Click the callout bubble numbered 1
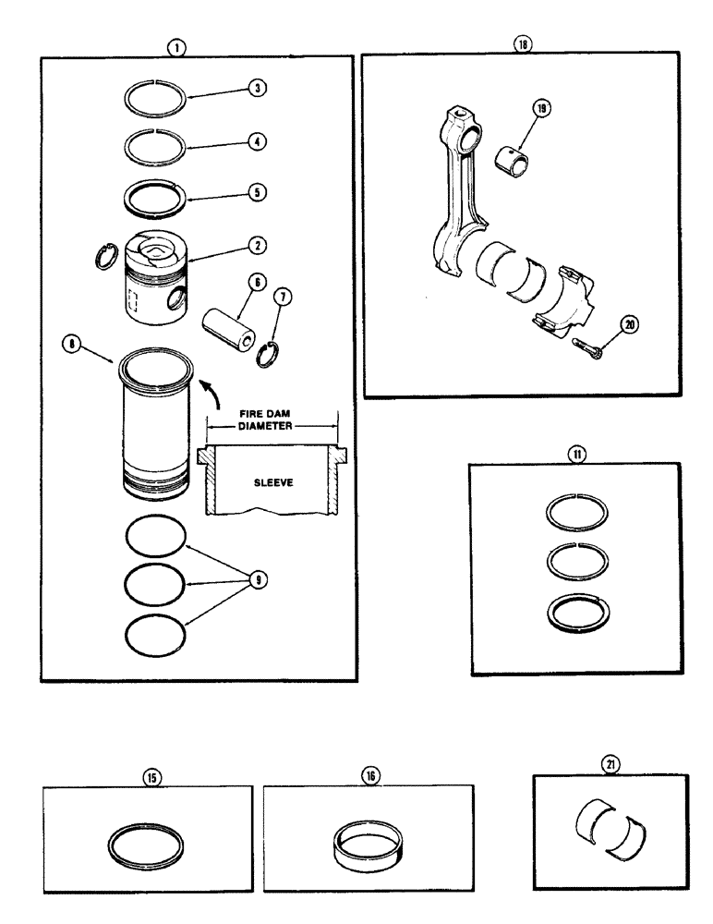pyautogui.click(x=176, y=43)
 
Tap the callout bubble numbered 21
pyautogui.click(x=610, y=764)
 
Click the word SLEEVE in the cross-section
pyautogui.click(x=272, y=481)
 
